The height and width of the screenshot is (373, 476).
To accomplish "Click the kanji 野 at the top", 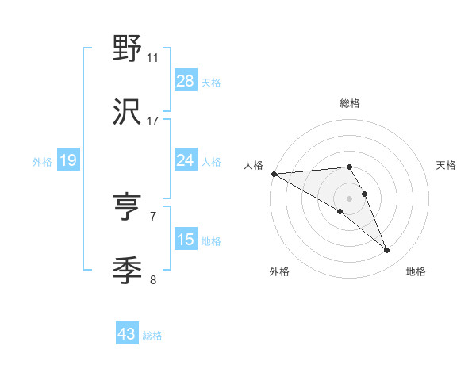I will coord(128,50).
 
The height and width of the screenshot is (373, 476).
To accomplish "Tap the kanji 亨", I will coord(128,209).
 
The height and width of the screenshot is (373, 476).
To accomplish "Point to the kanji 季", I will coord(128,271).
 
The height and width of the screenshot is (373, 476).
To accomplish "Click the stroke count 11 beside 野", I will coord(153,58).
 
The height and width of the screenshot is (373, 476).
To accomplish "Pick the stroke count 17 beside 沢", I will coord(153,121).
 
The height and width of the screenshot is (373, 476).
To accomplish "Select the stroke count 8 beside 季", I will coord(153,279).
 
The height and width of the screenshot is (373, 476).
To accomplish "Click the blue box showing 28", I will coord(186,81).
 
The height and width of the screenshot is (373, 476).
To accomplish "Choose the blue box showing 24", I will coord(186,160).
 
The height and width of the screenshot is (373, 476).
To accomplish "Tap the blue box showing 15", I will coord(186,240).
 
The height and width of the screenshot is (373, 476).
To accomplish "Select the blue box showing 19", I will coord(68,160).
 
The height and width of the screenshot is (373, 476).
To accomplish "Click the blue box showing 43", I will coord(127,335).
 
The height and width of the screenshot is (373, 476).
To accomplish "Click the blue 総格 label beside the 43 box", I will coord(152,336).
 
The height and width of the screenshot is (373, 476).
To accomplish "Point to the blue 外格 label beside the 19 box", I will coord(42,161).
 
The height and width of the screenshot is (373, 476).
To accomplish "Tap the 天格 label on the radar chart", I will coord(447,165).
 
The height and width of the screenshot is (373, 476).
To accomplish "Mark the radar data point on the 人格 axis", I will coord(274,174).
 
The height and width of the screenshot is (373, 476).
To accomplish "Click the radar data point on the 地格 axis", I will coord(387,251).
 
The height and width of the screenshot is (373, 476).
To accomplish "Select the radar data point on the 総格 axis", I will coord(349,167).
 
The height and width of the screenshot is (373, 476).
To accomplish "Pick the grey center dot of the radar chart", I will coord(349,198).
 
